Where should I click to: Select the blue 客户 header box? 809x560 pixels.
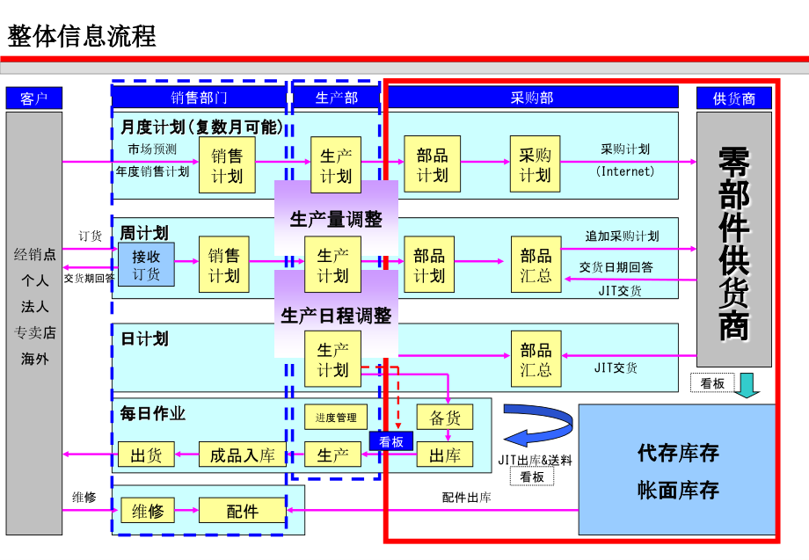point(34,98)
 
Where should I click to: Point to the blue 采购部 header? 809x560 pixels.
point(532,98)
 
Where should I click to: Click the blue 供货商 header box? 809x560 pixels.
point(733,98)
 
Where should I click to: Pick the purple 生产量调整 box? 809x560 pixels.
point(336,219)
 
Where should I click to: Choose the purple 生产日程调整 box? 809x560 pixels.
point(336,314)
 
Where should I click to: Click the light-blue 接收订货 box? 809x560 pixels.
point(146,265)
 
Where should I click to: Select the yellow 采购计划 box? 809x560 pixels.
point(535,164)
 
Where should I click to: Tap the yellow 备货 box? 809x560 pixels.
point(445,418)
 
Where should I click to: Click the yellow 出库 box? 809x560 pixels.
point(445,455)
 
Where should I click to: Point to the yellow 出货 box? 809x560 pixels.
point(146,455)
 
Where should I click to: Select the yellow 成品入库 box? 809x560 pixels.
point(242,455)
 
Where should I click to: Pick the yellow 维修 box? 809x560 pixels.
point(147,511)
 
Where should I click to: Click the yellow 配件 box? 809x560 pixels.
point(242,511)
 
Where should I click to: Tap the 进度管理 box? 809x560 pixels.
point(336,418)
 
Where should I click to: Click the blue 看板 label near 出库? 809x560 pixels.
point(390,441)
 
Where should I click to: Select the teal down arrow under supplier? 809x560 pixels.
point(747,385)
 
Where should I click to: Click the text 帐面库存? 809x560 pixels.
point(678,490)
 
